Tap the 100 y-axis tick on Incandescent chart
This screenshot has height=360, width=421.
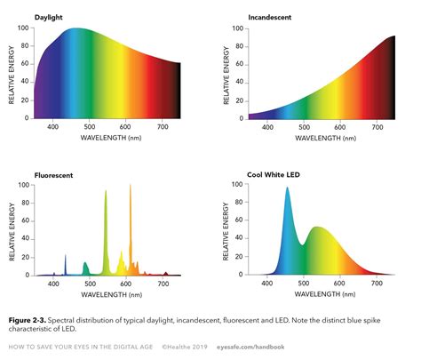[x=237, y=28]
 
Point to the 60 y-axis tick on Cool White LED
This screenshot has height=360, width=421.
[x=237, y=220]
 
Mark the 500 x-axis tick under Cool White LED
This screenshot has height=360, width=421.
[x=303, y=284]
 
